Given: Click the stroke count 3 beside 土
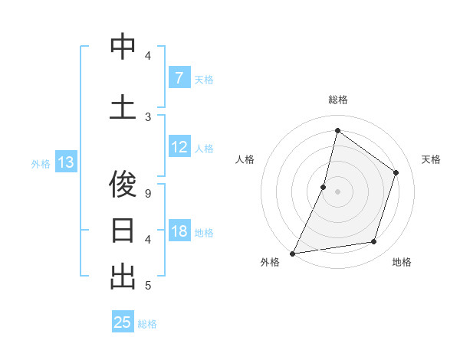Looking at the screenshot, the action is pyautogui.click(x=148, y=116).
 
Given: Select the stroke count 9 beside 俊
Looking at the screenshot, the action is pyautogui.click(x=148, y=193).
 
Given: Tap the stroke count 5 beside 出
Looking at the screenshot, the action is pyautogui.click(x=148, y=286).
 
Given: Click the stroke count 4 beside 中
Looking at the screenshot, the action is pyautogui.click(x=148, y=56).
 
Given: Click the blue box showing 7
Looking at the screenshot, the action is pyautogui.click(x=179, y=78).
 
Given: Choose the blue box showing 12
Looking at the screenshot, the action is pyautogui.click(x=179, y=148).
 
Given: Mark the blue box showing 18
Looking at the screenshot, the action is pyautogui.click(x=179, y=232).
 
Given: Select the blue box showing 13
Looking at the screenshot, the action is pyautogui.click(x=65, y=162).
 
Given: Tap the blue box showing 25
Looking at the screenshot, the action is pyautogui.click(x=123, y=322).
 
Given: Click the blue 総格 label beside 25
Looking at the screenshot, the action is pyautogui.click(x=147, y=324).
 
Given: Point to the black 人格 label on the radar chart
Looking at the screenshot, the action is pyautogui.click(x=245, y=159).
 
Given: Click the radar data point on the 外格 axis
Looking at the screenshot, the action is pyautogui.click(x=292, y=254).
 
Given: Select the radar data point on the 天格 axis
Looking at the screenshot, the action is pyautogui.click(x=396, y=172).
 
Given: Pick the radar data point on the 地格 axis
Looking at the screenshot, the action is pyautogui.click(x=374, y=242).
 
